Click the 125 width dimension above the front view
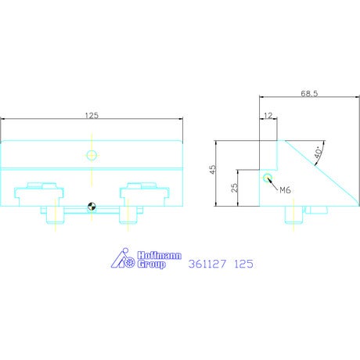(92, 115)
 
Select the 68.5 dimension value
(309, 93)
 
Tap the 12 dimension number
(268, 116)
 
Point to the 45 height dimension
(213, 169)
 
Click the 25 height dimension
(235, 188)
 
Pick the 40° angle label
(319, 152)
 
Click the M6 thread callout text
(285, 190)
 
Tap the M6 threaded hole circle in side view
(267, 178)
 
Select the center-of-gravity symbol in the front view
(92, 207)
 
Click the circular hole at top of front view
(92, 155)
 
